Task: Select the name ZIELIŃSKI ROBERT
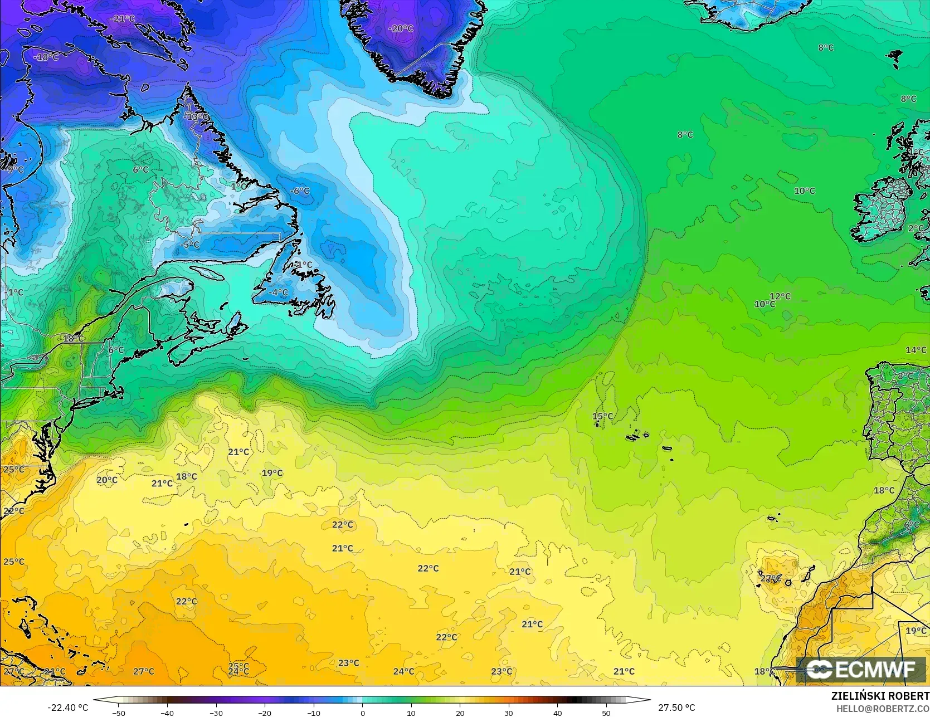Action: pos(880,696)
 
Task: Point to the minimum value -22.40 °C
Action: pos(67,708)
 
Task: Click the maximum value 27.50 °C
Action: pos(676,708)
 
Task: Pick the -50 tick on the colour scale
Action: pos(118,713)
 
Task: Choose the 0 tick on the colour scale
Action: pos(362,713)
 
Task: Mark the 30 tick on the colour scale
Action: pos(509,713)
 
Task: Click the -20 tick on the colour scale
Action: pos(265,713)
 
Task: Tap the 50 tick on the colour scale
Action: pos(606,713)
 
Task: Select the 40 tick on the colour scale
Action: pos(558,713)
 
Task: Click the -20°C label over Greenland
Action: pos(401,28)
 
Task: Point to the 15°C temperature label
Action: pos(602,417)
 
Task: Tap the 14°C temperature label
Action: pos(916,350)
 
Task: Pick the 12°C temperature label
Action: pos(780,296)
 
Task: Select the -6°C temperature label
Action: pos(300,191)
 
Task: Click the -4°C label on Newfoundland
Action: pos(278,292)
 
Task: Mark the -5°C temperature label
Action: pos(190,245)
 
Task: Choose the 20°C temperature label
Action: pos(107,480)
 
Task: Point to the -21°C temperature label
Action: pos(123,19)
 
